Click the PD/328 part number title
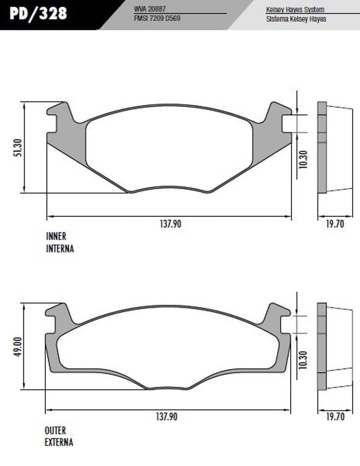(x=38, y=14)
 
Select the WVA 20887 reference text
(x=150, y=9)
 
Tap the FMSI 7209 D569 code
(x=157, y=18)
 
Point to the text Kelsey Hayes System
(x=295, y=10)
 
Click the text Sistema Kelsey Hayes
(x=296, y=19)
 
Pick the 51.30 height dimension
(x=18, y=148)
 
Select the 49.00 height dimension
(x=18, y=347)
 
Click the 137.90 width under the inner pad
(x=170, y=224)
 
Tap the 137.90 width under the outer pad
(x=166, y=417)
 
